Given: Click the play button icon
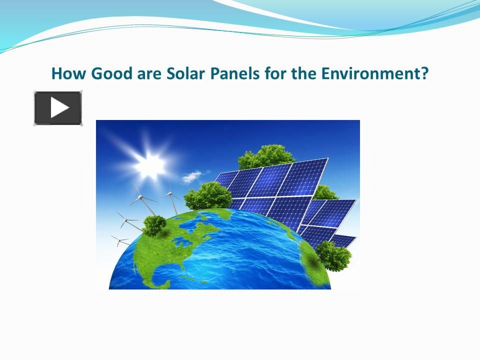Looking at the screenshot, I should click(x=58, y=108).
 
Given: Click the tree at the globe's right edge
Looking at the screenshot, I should click(x=333, y=255).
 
